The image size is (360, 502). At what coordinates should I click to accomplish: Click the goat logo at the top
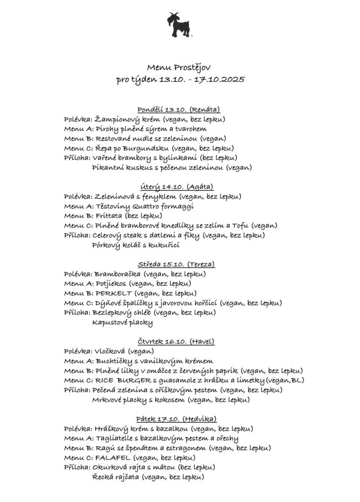click(180, 25)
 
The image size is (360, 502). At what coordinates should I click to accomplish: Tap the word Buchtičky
click(111, 361)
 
